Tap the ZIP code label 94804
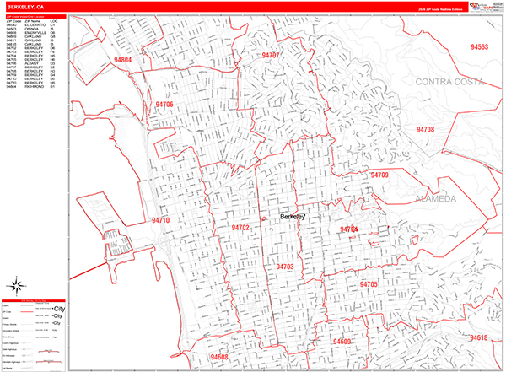[121, 61]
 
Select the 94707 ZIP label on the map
[270, 55]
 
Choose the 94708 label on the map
[425, 129]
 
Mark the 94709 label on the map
[379, 175]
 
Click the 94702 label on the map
[240, 228]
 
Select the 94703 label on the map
[284, 267]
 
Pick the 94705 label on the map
[369, 285]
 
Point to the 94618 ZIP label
[478, 337]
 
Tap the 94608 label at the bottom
[219, 357]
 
